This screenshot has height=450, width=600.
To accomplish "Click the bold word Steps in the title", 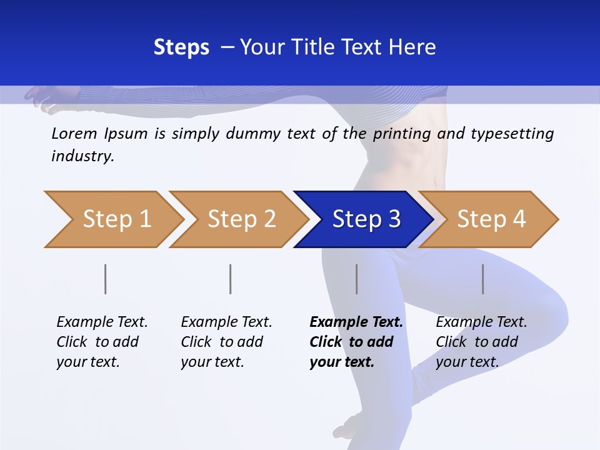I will (x=181, y=47).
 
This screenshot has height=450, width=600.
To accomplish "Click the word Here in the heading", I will (x=412, y=47).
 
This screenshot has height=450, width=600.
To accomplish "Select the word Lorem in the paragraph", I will (x=74, y=133).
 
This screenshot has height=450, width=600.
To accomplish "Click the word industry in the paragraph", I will (x=82, y=156).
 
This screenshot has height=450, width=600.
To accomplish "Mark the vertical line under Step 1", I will (x=106, y=279).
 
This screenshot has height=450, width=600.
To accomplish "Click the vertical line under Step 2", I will (x=231, y=279).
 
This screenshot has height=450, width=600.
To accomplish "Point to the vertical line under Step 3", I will (x=356, y=279).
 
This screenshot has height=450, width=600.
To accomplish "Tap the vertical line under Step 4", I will (x=482, y=279).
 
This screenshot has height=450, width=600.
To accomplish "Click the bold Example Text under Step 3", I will (x=356, y=342).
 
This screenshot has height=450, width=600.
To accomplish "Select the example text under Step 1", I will (x=102, y=342).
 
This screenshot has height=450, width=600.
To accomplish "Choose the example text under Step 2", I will (x=226, y=342).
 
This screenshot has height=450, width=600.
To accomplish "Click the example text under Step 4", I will (x=481, y=342).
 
